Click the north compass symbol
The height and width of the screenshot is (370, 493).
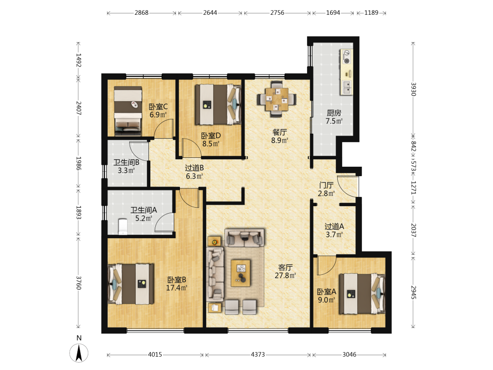click(79, 352)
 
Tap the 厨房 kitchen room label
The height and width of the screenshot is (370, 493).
click(334, 112)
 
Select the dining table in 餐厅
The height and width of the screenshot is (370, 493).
click(277, 99)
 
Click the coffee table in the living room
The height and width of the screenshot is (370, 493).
click(241, 273)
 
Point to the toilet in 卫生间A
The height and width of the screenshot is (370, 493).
click(122, 226)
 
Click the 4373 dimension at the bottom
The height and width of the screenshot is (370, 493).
click(258, 355)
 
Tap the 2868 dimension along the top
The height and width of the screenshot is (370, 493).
click(141, 13)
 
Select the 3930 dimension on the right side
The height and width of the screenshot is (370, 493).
click(413, 89)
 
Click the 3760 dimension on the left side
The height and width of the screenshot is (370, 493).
click(78, 283)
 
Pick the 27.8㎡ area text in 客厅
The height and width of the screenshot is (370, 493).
click(285, 276)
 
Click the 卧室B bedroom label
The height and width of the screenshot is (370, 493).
click(176, 280)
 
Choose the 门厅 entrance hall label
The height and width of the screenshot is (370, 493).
click(326, 185)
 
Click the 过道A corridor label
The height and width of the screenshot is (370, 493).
click(334, 226)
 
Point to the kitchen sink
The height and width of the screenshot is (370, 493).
click(347, 87)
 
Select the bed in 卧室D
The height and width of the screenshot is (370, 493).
click(218, 104)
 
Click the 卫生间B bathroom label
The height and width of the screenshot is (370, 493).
click(126, 162)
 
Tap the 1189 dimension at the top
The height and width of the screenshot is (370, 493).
click(371, 13)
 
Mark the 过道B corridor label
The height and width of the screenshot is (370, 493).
click(194, 168)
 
